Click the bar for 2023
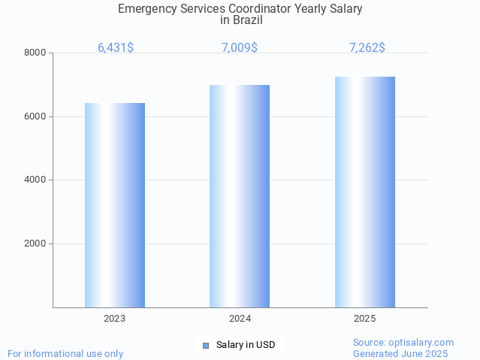pyautogui.click(x=115, y=205)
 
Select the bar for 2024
pyautogui.click(x=240, y=196)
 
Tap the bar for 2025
pyautogui.click(x=365, y=192)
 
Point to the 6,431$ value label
pyautogui.click(x=116, y=47)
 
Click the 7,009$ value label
pyautogui.click(x=240, y=47)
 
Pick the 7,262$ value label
pyautogui.click(x=367, y=47)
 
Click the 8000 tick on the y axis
pyautogui.click(x=35, y=53)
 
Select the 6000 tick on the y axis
pyautogui.click(x=35, y=116)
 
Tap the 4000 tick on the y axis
pyautogui.click(x=35, y=180)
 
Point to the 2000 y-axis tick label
pyautogui.click(x=35, y=244)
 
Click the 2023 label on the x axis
pyautogui.click(x=115, y=319)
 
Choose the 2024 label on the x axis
pyautogui.click(x=240, y=319)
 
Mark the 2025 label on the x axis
pyautogui.click(x=365, y=319)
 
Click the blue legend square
pyautogui.click(x=206, y=346)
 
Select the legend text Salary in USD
pyautogui.click(x=246, y=346)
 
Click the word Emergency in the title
pyautogui.click(x=147, y=9)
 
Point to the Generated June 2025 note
pyautogui.click(x=400, y=353)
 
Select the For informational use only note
pyautogui.click(x=65, y=353)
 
